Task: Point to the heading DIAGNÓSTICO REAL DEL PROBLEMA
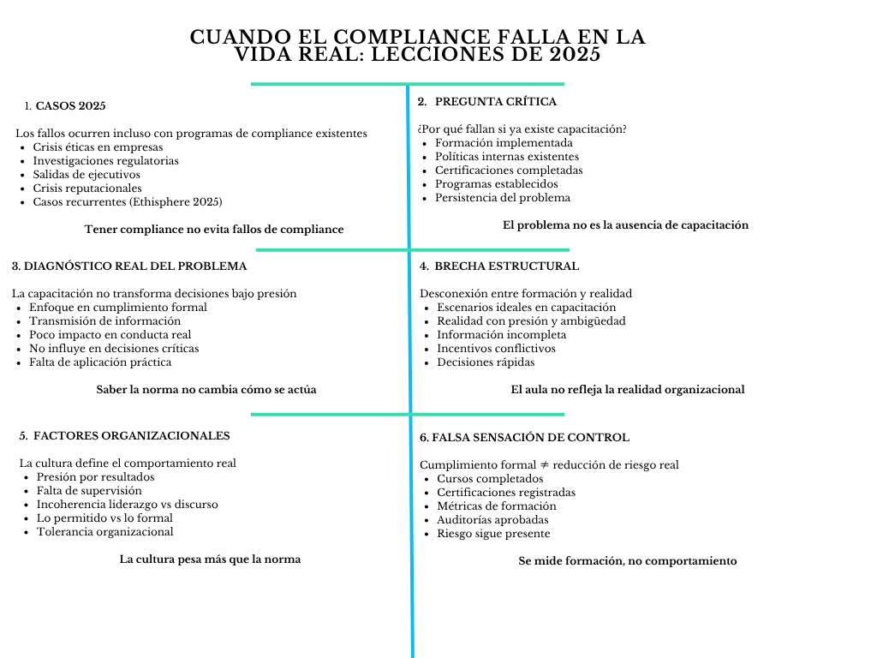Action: (x=129, y=266)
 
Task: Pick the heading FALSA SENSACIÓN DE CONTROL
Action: (x=524, y=438)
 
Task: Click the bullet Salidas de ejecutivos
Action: (x=87, y=175)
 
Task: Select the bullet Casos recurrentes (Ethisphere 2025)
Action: (x=127, y=202)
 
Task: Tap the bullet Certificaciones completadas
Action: (x=509, y=170)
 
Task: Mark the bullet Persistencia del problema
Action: (x=502, y=198)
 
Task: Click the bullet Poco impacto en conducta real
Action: (x=110, y=335)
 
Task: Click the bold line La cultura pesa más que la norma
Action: (x=210, y=559)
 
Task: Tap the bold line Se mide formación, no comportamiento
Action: (x=627, y=561)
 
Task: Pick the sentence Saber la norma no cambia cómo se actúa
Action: (x=206, y=390)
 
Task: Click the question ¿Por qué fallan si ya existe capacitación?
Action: (x=522, y=129)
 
